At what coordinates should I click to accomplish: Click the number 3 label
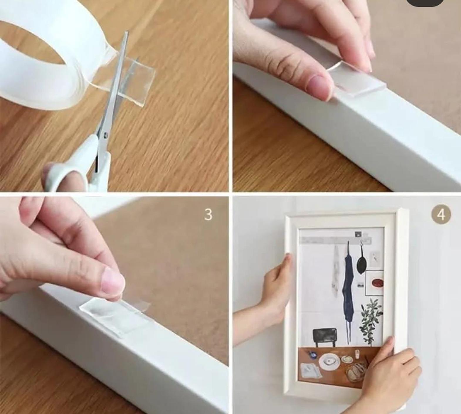pos(208,214)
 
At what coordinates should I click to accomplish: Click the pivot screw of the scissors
pos(106,135)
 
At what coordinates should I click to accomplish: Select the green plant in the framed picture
pos(371,320)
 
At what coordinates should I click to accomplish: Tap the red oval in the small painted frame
pos(377,283)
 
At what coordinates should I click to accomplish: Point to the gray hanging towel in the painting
pos(334,270)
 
